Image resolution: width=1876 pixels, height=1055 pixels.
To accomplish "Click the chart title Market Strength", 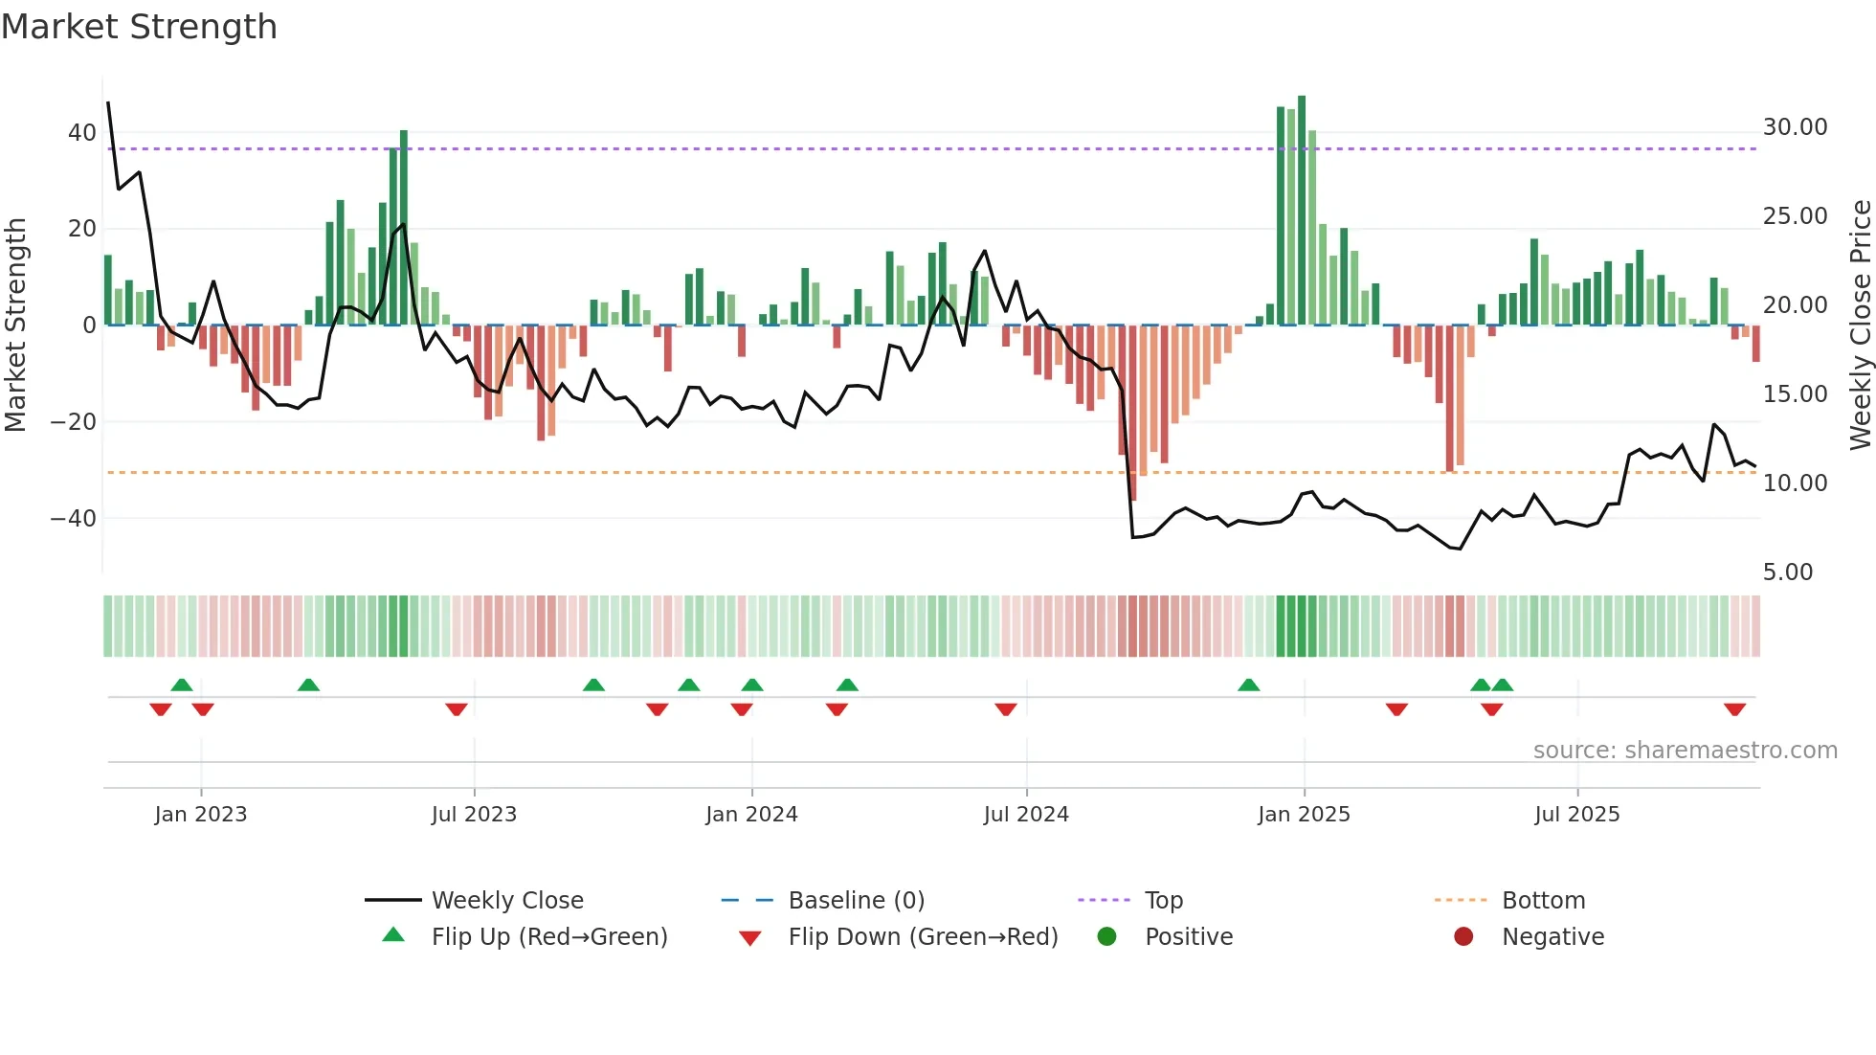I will (139, 27).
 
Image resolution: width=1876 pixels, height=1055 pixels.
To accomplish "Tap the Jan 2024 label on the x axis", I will (751, 815).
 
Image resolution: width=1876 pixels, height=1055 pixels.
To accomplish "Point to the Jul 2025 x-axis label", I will (1576, 815).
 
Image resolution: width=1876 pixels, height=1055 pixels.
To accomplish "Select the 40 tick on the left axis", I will (81, 133).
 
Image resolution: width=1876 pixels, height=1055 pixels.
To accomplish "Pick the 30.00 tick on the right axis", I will (1795, 127).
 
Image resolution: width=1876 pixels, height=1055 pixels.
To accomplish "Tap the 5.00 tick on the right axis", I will (1787, 572).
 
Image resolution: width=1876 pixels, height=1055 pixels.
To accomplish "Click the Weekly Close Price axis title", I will (1860, 325).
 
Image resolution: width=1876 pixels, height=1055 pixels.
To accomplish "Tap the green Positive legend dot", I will (1106, 937).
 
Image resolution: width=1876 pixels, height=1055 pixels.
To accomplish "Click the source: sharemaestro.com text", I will (1685, 751).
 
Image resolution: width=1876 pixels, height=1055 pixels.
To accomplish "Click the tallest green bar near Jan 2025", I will (1302, 211).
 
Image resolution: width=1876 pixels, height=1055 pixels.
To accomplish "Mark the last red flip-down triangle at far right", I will (1734, 709).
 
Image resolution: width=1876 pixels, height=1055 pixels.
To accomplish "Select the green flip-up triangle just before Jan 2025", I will (1248, 685).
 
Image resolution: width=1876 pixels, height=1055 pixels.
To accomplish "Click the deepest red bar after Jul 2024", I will (1133, 412).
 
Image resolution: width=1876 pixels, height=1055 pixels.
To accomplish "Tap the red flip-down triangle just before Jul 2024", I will (1005, 709).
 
